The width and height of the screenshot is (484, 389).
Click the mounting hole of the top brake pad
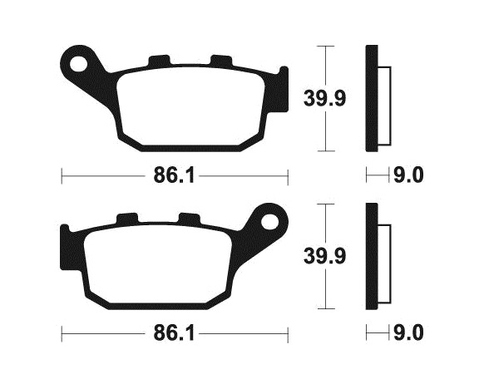[78, 63]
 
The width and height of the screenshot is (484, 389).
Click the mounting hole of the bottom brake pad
[269, 222]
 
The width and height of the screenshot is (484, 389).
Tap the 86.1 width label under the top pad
[174, 176]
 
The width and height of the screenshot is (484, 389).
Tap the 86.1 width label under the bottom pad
[174, 333]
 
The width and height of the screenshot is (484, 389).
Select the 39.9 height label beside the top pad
[324, 98]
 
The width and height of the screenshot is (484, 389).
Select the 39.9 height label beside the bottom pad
[324, 256]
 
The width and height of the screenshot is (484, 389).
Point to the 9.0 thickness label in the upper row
[408, 176]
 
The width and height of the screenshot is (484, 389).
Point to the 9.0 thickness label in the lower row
[408, 333]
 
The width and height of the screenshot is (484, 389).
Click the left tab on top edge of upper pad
[160, 61]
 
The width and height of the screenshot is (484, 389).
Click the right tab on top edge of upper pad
[221, 61]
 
